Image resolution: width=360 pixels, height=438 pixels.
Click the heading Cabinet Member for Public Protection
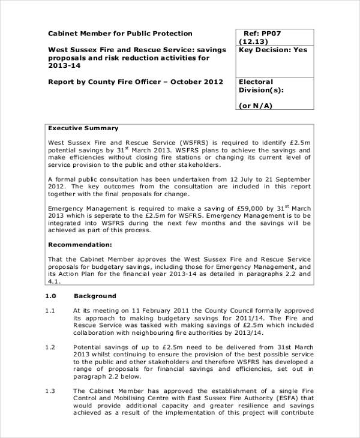click(x=120, y=34)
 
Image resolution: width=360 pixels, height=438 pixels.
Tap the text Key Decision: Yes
click(x=272, y=50)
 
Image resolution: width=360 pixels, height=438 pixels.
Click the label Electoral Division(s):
click(x=261, y=86)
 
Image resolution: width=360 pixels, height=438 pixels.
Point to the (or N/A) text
click(x=256, y=106)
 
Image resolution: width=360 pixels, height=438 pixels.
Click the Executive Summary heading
click(x=83, y=128)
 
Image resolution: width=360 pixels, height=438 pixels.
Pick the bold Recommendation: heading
click(x=80, y=245)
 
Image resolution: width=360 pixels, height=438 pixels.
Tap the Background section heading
click(x=95, y=296)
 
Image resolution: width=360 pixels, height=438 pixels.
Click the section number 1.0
click(x=50, y=296)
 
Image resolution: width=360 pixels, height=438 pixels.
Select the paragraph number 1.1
click(x=50, y=310)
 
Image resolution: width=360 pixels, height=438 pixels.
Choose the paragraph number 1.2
click(x=50, y=347)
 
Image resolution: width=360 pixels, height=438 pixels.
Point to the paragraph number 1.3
click(x=50, y=391)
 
